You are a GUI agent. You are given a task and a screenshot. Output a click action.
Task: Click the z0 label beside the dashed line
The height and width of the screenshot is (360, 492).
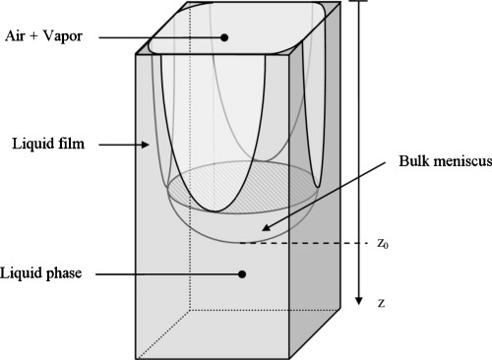(385, 243)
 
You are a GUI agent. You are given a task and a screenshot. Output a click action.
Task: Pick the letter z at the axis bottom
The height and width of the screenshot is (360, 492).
(382, 303)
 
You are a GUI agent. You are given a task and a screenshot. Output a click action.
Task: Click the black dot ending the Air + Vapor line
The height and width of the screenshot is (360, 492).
(225, 37)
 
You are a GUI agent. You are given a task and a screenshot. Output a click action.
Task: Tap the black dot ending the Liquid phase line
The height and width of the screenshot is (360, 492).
(242, 273)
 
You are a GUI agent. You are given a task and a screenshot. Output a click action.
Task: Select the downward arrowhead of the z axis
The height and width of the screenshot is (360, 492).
(360, 297)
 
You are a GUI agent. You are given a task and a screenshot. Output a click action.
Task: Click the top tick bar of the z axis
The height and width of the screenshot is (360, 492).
(360, 2)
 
